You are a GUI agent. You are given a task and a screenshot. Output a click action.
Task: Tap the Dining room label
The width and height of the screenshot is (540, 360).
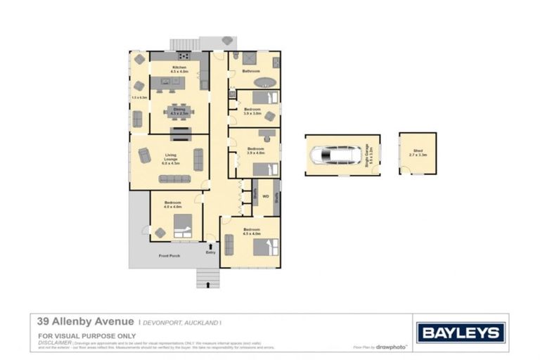tap(179, 109)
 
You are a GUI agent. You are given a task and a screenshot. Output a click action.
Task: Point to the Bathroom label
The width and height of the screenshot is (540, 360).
tap(252, 71)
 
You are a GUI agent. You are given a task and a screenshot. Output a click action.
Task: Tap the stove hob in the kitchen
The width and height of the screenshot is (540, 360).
tap(184, 56)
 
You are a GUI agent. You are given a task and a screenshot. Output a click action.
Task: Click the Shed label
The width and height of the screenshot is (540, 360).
tap(418, 150)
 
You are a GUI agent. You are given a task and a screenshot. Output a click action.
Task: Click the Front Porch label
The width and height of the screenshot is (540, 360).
tap(169, 256)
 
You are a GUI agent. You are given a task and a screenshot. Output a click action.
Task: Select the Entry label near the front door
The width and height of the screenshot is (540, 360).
tap(210, 252)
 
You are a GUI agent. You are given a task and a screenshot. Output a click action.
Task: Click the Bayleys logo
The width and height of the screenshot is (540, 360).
tap(461, 333)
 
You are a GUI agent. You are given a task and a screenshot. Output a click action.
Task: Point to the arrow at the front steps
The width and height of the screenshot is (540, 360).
tap(208, 283)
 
